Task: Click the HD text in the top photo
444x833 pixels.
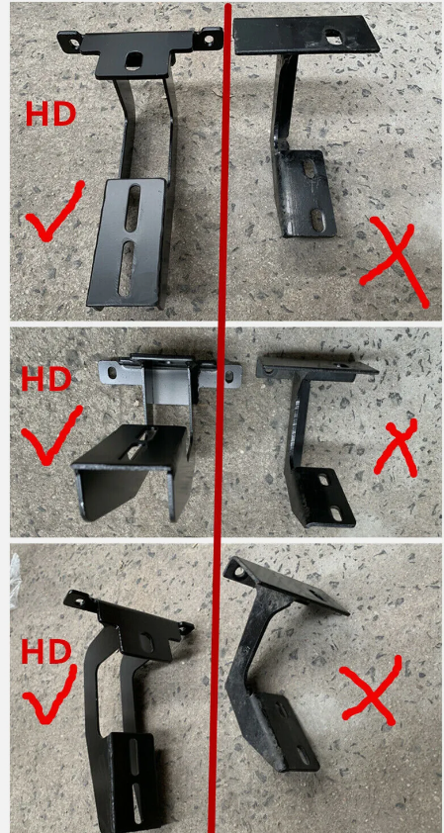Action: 50,114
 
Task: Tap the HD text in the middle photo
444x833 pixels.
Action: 46,379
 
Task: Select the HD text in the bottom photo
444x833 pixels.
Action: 46,652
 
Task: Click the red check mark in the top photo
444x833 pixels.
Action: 53,213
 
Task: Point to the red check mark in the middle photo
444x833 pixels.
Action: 50,435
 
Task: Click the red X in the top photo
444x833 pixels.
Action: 395,261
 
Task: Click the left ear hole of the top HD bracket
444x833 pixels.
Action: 72,40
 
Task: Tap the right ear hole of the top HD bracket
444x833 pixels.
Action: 212,39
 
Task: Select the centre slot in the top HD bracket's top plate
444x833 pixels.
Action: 133,59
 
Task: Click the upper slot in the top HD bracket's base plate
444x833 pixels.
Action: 133,208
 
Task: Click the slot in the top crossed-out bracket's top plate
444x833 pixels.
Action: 334,37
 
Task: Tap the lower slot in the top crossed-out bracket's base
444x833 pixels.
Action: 317,219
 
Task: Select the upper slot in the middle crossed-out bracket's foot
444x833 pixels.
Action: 323,481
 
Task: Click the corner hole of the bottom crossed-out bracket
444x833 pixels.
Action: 239,573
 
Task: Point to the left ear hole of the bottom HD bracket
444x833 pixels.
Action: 80,602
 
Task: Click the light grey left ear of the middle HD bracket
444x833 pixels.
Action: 114,371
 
